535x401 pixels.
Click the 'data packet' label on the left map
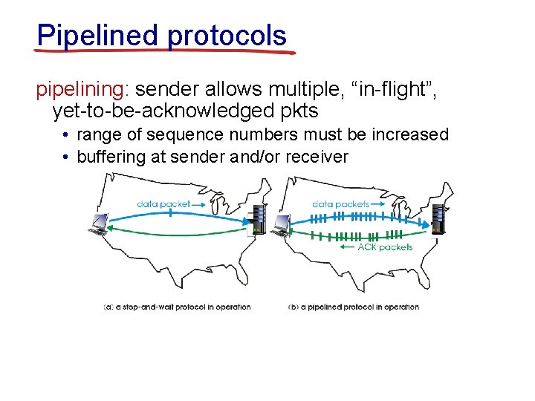tap(163, 203)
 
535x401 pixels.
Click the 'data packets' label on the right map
tap(340, 203)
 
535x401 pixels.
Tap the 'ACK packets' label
tap(384, 247)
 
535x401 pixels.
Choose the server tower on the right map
tap(440, 218)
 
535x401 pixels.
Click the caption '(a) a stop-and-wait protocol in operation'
tap(177, 307)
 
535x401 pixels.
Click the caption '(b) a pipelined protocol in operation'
tap(353, 307)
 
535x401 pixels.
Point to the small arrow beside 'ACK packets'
tap(346, 247)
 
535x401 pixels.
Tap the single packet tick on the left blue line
tap(171, 212)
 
